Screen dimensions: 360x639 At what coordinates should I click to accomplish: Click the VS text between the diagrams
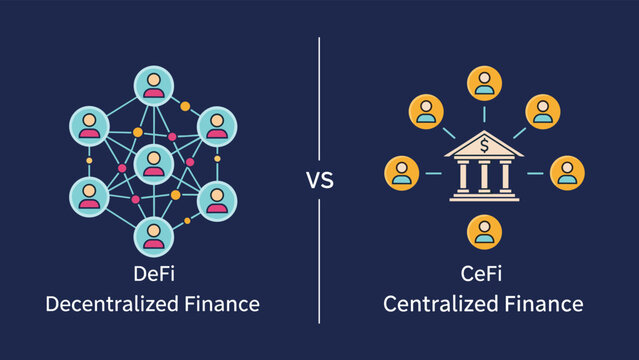coord(319,181)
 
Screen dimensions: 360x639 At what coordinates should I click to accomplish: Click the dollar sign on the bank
coord(484,147)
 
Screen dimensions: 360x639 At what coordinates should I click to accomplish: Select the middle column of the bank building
coord(484,176)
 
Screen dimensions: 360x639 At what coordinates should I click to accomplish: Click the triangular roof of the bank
coord(484,146)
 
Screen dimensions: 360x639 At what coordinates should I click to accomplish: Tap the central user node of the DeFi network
coord(153,161)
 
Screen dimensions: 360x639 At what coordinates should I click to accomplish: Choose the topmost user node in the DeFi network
coord(153,83)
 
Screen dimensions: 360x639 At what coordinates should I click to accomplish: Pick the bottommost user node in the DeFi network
coord(153,235)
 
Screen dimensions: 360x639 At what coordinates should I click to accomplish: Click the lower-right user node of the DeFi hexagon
coord(217,199)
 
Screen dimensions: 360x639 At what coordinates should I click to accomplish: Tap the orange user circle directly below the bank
coord(484,232)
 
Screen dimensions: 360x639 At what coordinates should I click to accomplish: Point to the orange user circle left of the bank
coord(403,173)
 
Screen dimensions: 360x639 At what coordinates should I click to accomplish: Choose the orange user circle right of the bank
coord(567,173)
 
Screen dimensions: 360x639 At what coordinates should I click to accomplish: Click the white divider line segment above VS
coord(319,100)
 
